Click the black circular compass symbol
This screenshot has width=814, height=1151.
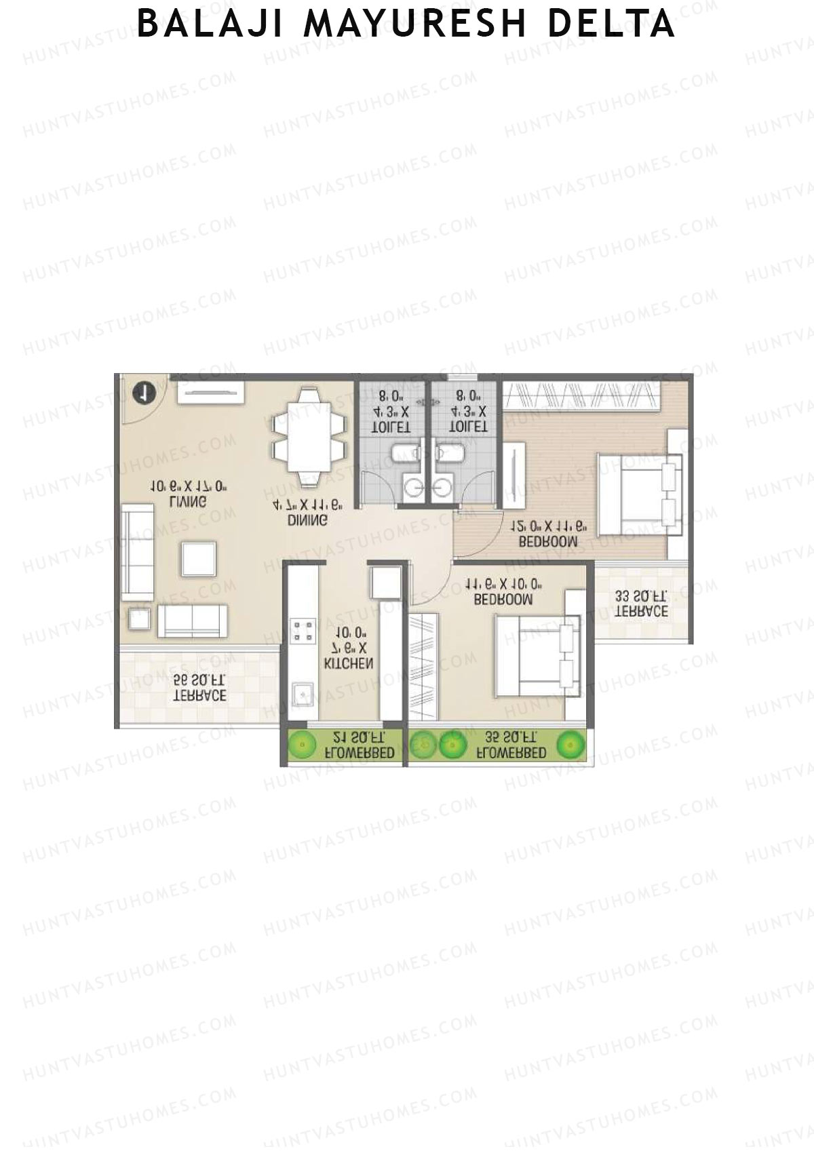[144, 393]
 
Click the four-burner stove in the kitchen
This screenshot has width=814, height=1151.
[303, 631]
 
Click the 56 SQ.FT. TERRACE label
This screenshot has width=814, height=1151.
[199, 688]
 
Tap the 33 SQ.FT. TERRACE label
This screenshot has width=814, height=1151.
[641, 604]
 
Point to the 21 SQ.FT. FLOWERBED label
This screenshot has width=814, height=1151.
[359, 745]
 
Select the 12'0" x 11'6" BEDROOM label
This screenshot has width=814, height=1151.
[548, 534]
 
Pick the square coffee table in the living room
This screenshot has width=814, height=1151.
[199, 559]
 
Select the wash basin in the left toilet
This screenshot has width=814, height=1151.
[413, 486]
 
